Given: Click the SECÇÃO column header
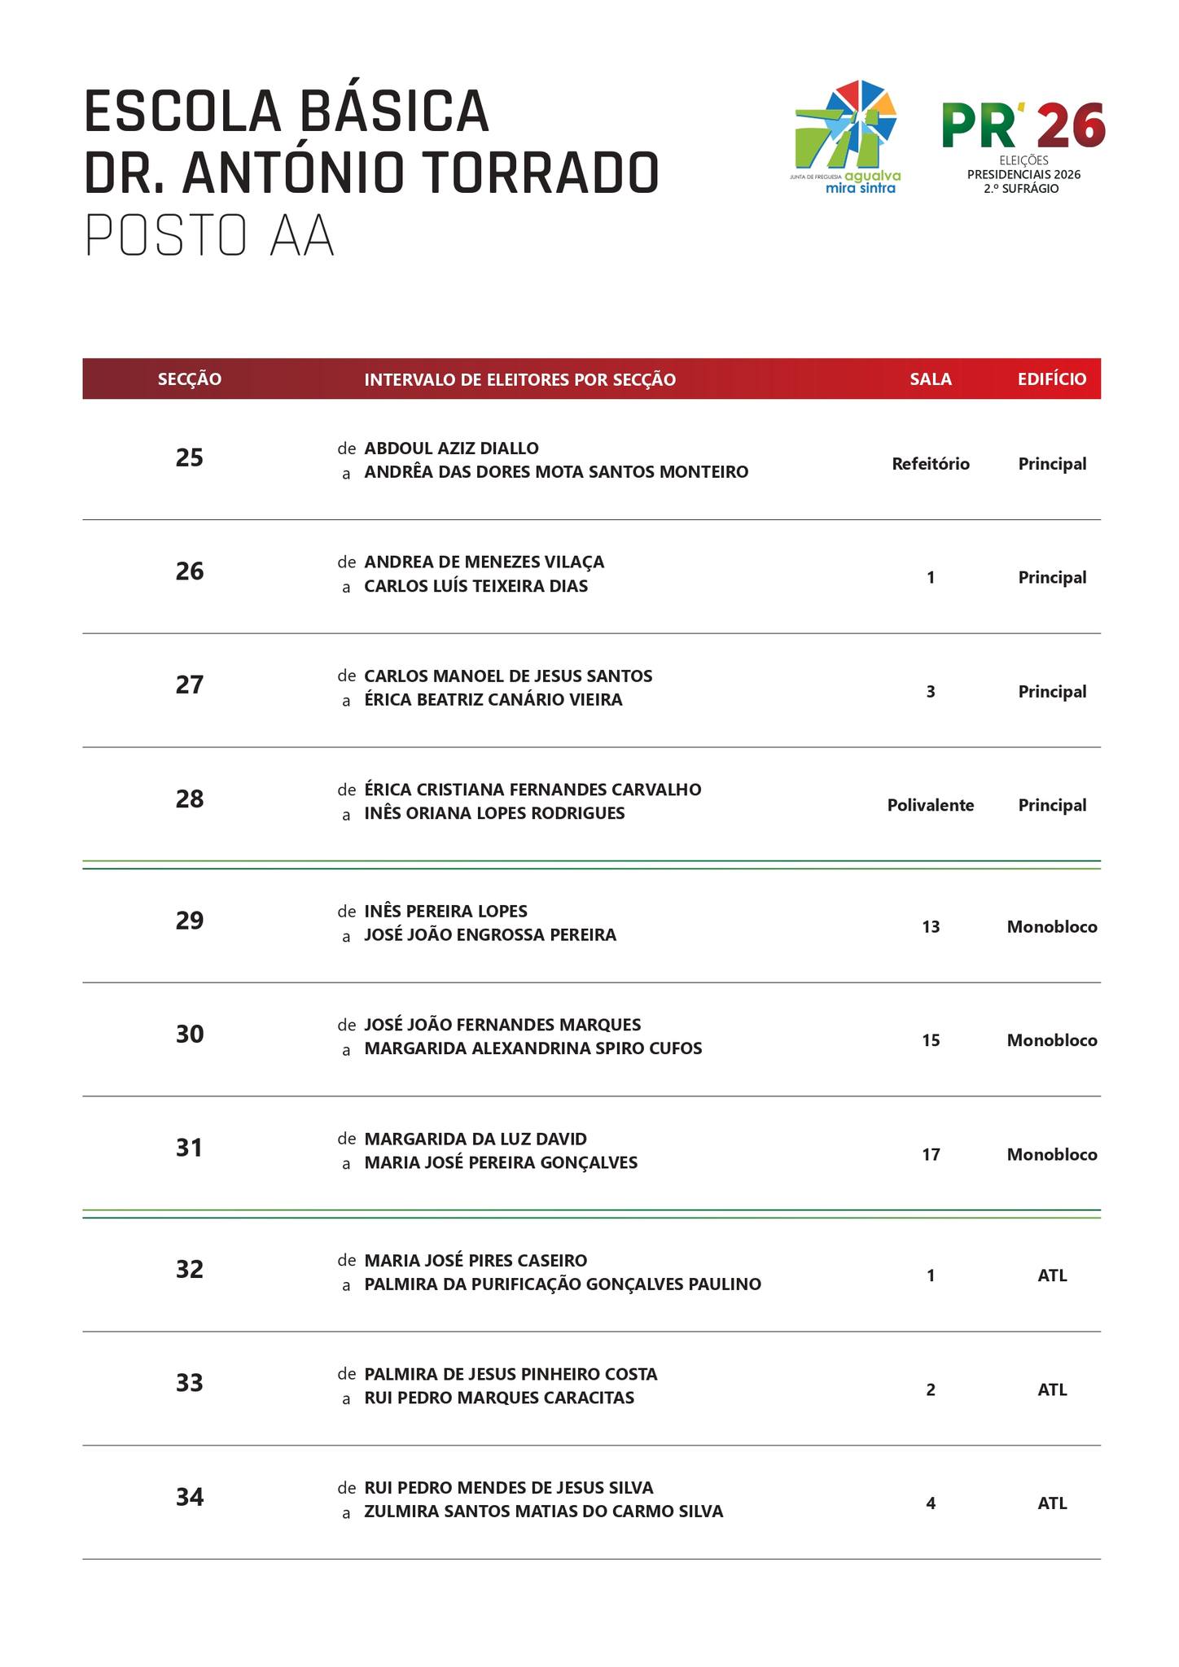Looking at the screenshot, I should click(190, 379).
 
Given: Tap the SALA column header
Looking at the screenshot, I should click(931, 379).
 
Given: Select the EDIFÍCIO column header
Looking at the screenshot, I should click(1051, 379).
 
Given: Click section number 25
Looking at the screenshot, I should click(190, 458).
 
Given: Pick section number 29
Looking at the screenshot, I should click(190, 921).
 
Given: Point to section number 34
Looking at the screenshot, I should click(190, 1497).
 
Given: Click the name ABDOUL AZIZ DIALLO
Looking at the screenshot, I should click(451, 448).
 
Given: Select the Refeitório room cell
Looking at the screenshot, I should click(931, 464).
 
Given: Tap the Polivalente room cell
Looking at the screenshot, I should click(931, 805).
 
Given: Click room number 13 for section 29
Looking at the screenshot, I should click(931, 926).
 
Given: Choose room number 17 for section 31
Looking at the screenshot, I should click(931, 1154).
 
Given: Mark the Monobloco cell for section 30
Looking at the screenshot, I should click(1052, 1040).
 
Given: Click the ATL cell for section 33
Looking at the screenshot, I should click(1052, 1389).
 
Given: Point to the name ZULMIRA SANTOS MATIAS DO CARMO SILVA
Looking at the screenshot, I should click(543, 1512).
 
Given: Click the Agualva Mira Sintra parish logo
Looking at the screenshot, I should click(847, 136).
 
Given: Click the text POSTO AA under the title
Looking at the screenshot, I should click(209, 238).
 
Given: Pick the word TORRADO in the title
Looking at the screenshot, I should click(541, 173).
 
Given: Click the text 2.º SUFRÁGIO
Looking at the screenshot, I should click(1023, 189).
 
